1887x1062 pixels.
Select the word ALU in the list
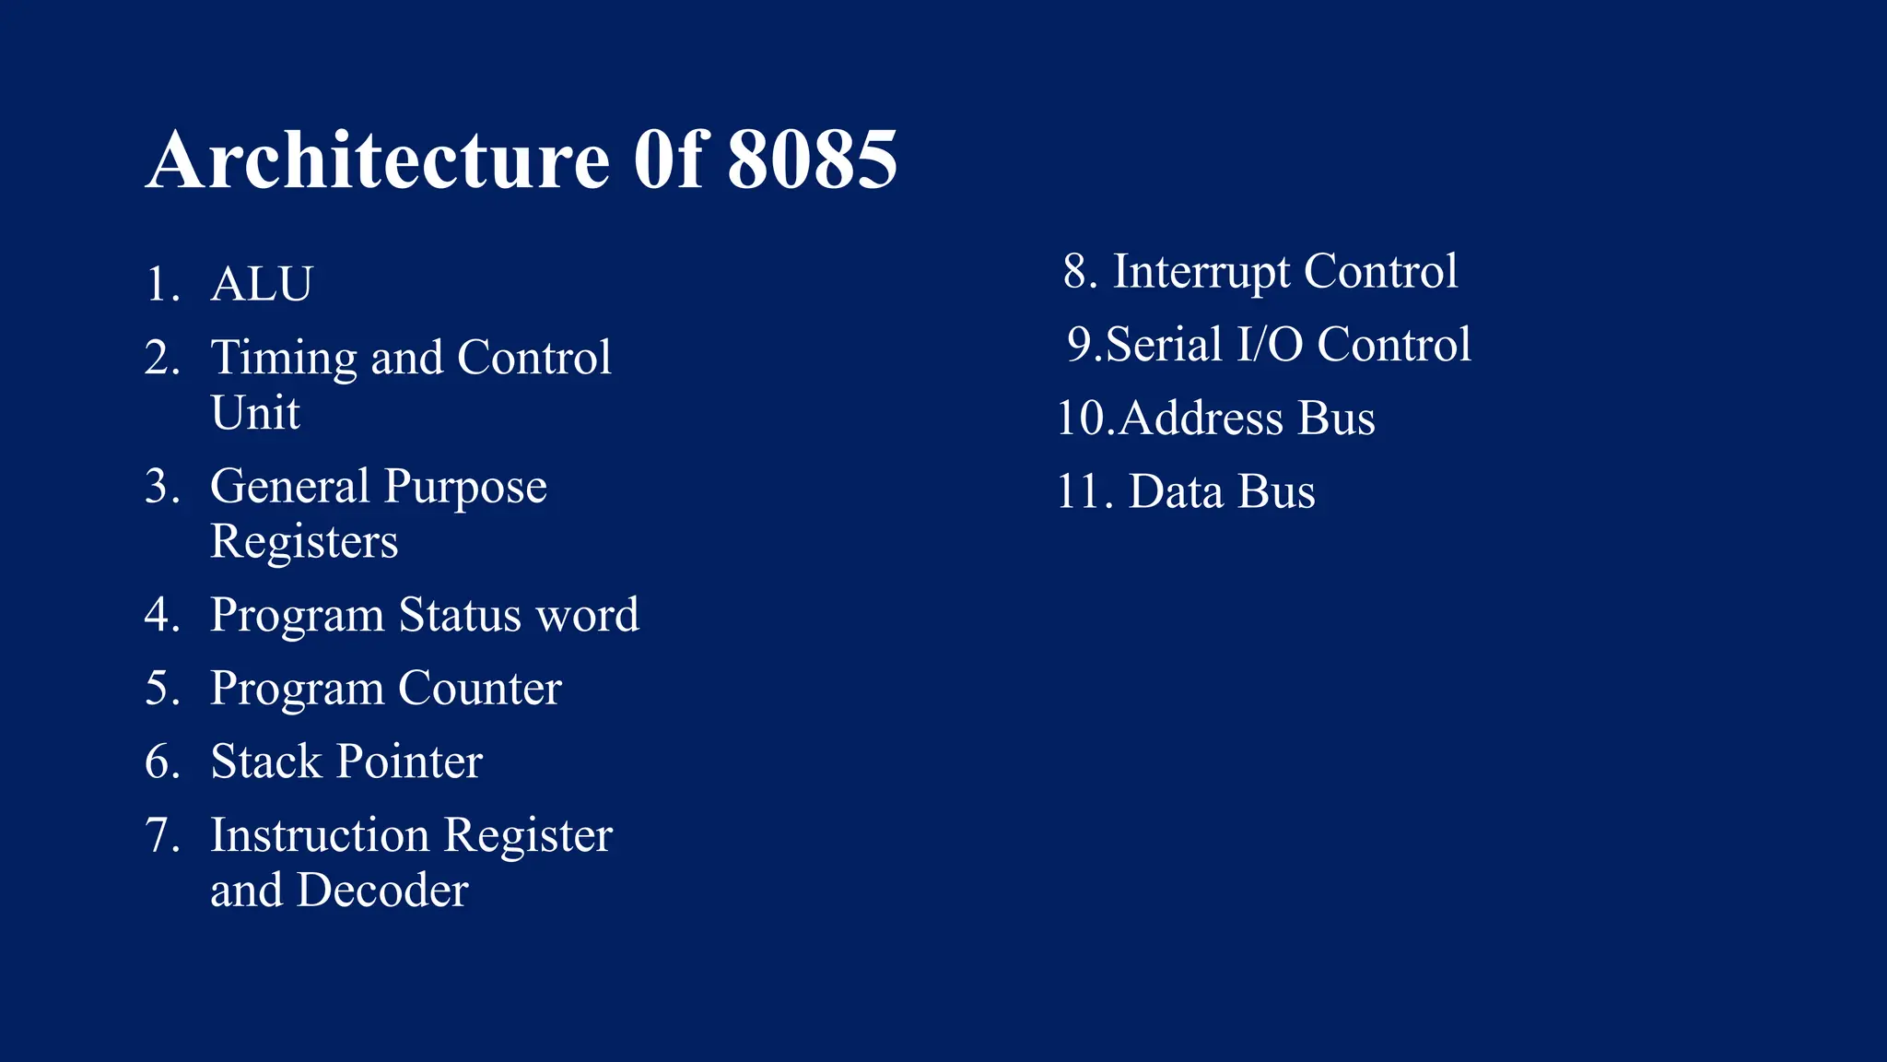[262, 284]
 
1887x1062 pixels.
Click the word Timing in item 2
[283, 358]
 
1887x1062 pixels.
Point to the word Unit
[255, 412]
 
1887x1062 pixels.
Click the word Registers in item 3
[304, 541]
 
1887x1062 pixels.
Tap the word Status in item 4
[460, 615]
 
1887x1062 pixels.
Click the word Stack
[265, 761]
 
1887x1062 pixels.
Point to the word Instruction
[320, 835]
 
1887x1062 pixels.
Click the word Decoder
[382, 891]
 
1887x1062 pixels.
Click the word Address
[1201, 419]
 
